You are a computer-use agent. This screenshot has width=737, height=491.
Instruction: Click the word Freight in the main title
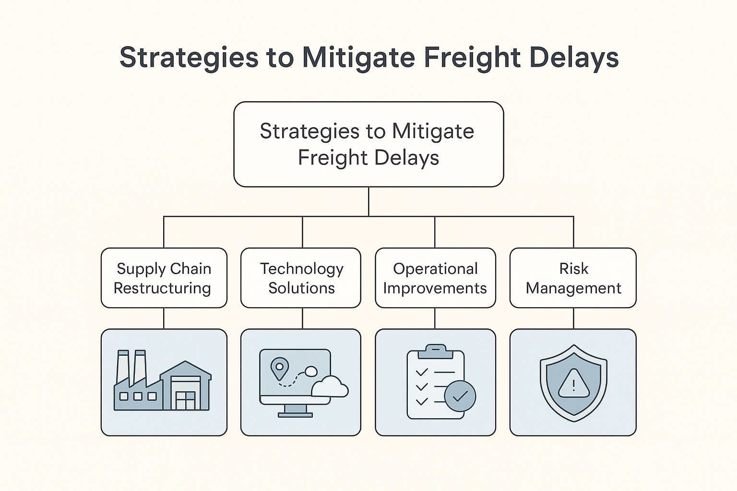472,58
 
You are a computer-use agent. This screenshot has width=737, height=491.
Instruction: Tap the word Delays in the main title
574,58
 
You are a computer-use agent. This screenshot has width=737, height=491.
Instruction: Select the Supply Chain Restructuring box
164,278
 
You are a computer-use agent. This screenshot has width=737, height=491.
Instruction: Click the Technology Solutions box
301,278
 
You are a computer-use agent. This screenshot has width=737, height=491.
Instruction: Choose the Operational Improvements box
435,278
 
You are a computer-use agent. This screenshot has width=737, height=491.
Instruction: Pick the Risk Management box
573,278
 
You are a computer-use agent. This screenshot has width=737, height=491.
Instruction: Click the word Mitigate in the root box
433,131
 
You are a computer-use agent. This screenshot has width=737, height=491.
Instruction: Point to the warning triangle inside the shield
574,383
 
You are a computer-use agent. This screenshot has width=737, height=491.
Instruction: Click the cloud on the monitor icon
330,387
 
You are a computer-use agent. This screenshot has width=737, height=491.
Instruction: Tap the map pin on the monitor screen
280,368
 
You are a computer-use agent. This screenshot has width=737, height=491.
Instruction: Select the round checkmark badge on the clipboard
460,396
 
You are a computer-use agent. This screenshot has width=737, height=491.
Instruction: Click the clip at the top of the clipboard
436,351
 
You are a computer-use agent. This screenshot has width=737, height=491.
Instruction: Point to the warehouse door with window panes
186,400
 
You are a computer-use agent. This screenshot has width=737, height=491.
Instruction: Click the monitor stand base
295,415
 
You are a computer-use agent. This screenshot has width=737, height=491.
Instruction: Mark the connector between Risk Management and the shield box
573,318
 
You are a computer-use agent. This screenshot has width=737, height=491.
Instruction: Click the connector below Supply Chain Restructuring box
164,318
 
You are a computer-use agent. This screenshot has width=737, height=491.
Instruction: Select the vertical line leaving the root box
368,201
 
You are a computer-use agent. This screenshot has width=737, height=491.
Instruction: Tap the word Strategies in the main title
189,58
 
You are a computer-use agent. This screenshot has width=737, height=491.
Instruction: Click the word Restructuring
162,289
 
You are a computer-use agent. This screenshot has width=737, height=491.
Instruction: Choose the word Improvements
435,289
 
